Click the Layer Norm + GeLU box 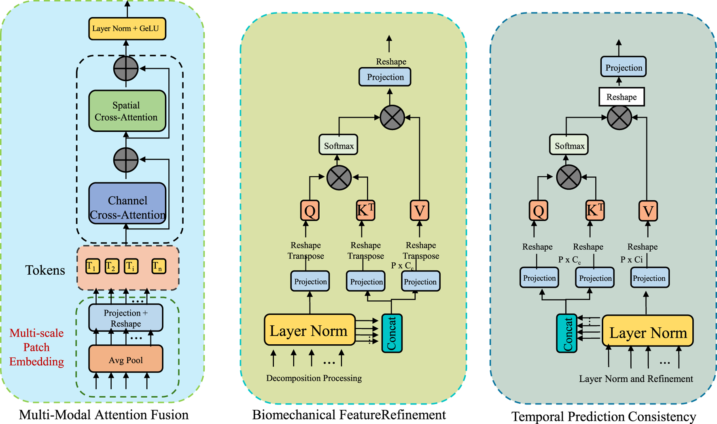tap(127, 29)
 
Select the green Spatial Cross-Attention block tap(127, 111)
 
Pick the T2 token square tap(112, 267)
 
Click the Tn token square tap(159, 267)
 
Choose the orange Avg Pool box tap(125, 359)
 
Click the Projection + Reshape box tap(125, 318)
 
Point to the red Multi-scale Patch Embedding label tap(36, 347)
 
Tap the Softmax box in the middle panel tap(338, 145)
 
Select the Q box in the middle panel tap(310, 210)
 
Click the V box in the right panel tap(648, 211)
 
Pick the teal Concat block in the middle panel tap(391, 333)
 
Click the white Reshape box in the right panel tap(621, 97)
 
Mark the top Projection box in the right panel tap(623, 67)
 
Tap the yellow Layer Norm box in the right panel tap(647, 331)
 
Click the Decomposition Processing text tap(314, 378)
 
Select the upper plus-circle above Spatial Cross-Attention tap(126, 68)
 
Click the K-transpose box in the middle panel tap(365, 210)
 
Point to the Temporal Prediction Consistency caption tap(603, 416)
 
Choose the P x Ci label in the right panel tap(631, 260)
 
